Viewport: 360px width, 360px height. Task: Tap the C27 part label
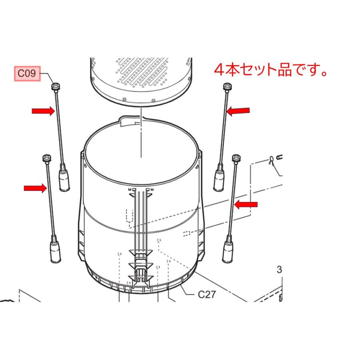(x=207, y=294)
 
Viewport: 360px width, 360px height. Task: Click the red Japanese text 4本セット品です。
(x=271, y=70)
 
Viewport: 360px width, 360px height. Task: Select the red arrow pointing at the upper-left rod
(x=43, y=111)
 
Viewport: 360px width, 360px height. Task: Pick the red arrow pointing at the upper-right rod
(x=238, y=111)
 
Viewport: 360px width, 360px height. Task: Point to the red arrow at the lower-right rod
(x=246, y=205)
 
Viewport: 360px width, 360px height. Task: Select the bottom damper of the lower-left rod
(x=54, y=252)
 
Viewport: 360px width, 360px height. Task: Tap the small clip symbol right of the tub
(x=272, y=160)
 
